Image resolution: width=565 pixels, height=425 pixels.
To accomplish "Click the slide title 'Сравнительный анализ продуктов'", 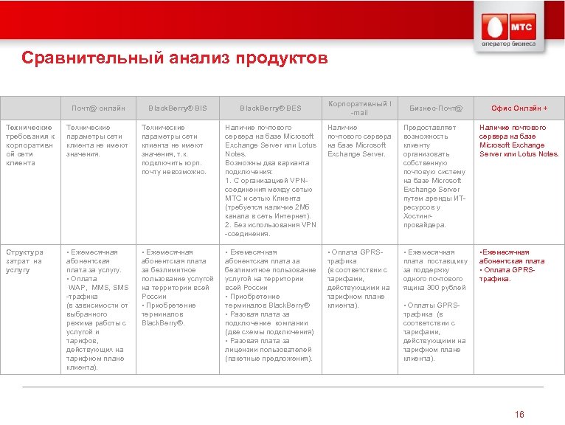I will [x=174, y=58].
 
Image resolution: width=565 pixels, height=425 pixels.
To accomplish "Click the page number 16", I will [x=520, y=415].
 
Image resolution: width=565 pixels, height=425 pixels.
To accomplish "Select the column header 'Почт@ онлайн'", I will [x=97, y=109].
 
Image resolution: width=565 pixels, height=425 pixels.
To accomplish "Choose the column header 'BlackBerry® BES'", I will [x=270, y=109].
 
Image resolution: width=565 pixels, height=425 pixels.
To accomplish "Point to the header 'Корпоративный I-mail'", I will [x=359, y=108].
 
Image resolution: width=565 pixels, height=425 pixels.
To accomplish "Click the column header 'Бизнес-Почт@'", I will [x=436, y=109].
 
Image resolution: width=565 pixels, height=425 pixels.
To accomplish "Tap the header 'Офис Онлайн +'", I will [x=519, y=109].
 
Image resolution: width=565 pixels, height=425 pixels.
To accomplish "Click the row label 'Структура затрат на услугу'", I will [x=25, y=261].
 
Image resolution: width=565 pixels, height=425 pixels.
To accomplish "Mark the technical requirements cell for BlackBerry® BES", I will [x=271, y=181].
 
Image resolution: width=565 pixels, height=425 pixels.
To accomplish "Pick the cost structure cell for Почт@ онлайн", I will [x=97, y=309].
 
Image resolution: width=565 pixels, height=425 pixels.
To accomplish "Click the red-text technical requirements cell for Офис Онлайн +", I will [x=519, y=141].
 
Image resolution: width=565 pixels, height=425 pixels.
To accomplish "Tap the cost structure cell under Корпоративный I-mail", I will [x=358, y=279].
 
